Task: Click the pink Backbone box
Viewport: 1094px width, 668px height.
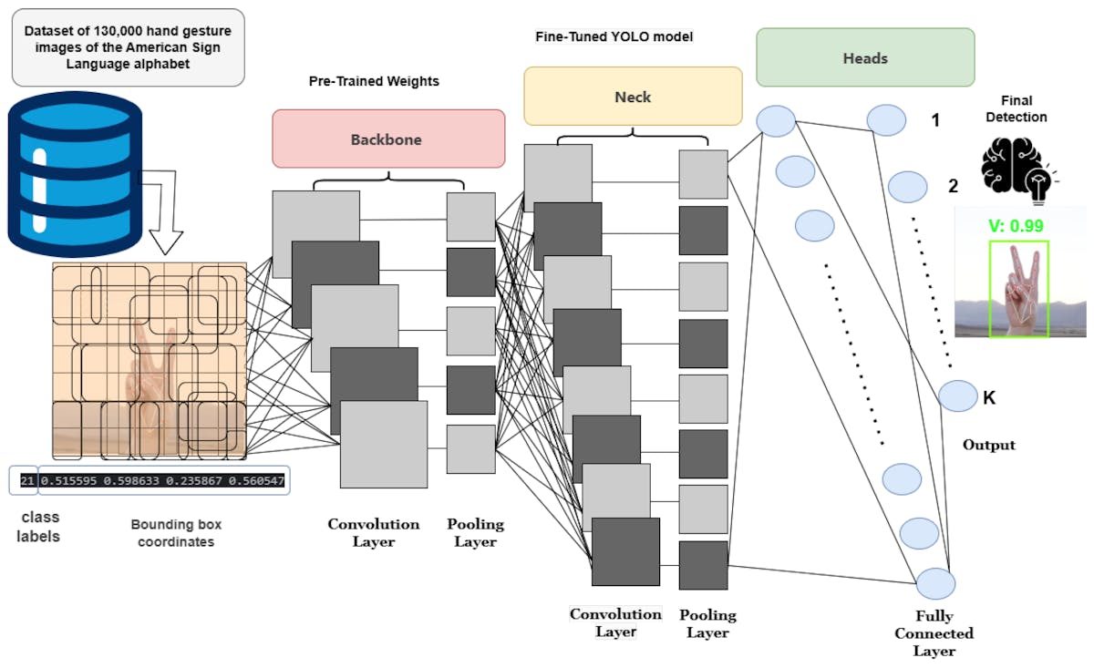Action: (388, 139)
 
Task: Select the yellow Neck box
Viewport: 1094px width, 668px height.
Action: (633, 96)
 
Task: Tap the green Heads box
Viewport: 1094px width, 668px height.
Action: (865, 58)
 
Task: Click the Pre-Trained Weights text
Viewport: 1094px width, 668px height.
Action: (374, 81)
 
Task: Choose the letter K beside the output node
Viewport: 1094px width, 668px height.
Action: (988, 397)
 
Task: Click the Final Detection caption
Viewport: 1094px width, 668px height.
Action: (1017, 109)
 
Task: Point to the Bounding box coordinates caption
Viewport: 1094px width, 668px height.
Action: (176, 533)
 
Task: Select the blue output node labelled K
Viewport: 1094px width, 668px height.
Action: (957, 396)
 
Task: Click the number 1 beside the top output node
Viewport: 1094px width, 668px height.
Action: (935, 119)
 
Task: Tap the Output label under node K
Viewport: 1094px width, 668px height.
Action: (988, 446)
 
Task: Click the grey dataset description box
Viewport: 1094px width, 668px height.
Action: (129, 47)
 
